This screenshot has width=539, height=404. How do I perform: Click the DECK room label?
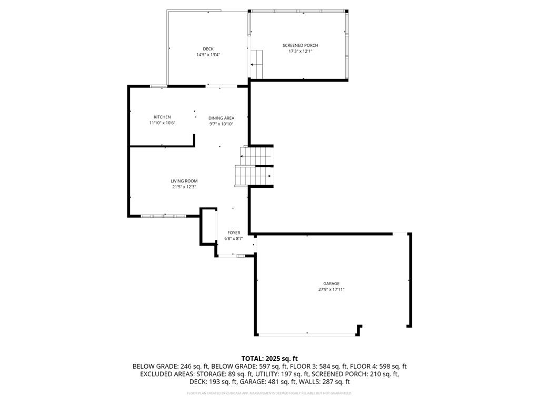[x=208, y=49]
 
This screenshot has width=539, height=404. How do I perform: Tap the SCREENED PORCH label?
[x=300, y=45]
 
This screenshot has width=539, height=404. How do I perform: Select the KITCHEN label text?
[x=162, y=117]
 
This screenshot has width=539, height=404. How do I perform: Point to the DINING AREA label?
[x=221, y=118]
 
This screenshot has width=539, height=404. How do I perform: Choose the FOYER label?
[x=234, y=233]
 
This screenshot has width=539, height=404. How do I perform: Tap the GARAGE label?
[x=331, y=284]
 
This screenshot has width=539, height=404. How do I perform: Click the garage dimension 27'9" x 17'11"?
[x=331, y=289]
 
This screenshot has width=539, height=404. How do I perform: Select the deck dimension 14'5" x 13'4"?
[x=208, y=55]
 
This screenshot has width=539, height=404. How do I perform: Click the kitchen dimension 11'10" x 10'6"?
[x=162, y=123]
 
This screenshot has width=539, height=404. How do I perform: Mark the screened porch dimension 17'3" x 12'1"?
[x=300, y=51]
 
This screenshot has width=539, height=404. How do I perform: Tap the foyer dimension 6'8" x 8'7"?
[x=234, y=238]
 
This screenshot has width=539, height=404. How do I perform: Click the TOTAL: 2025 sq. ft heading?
[x=269, y=358]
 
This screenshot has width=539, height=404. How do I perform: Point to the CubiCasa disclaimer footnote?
[x=269, y=393]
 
